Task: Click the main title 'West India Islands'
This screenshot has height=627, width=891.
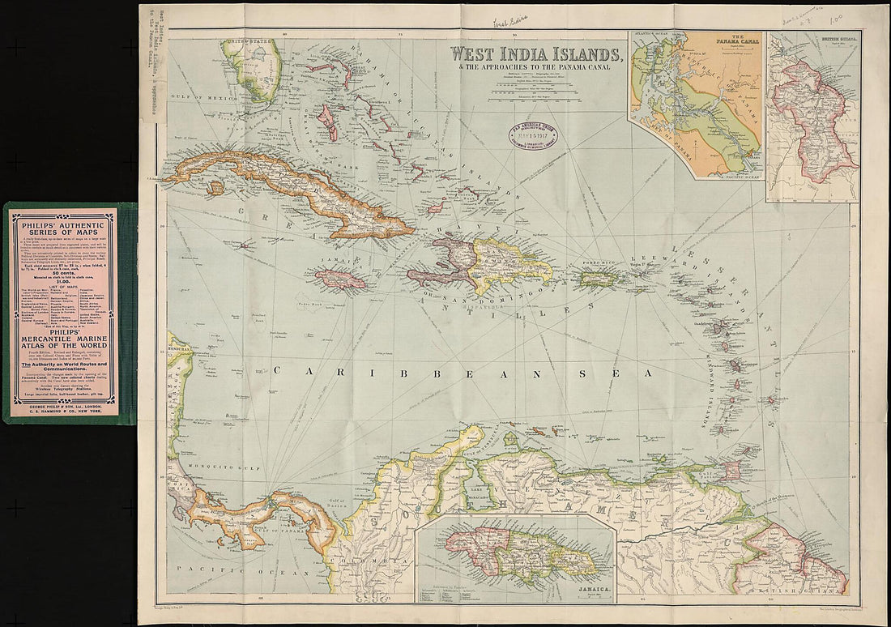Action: tap(536, 55)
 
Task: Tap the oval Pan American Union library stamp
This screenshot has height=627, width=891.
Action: tap(532, 134)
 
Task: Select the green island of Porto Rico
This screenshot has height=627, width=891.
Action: tap(599, 278)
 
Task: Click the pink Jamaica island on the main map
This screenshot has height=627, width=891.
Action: tap(340, 280)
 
